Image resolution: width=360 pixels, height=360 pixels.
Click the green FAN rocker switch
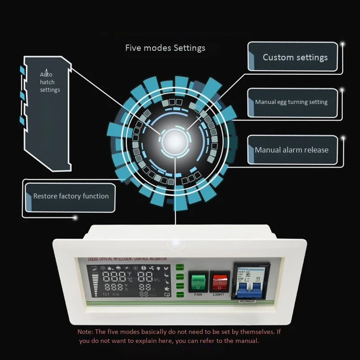point(197,282)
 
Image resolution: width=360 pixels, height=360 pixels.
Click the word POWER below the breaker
point(247,301)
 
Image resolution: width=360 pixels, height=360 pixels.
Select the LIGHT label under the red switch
point(219,295)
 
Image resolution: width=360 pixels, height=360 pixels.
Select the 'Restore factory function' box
point(71,196)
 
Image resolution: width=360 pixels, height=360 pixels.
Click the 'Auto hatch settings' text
point(49,82)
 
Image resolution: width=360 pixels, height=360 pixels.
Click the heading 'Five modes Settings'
point(165,48)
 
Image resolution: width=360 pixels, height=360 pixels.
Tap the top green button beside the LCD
point(180,266)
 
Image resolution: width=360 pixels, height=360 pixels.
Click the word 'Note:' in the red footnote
point(85,332)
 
